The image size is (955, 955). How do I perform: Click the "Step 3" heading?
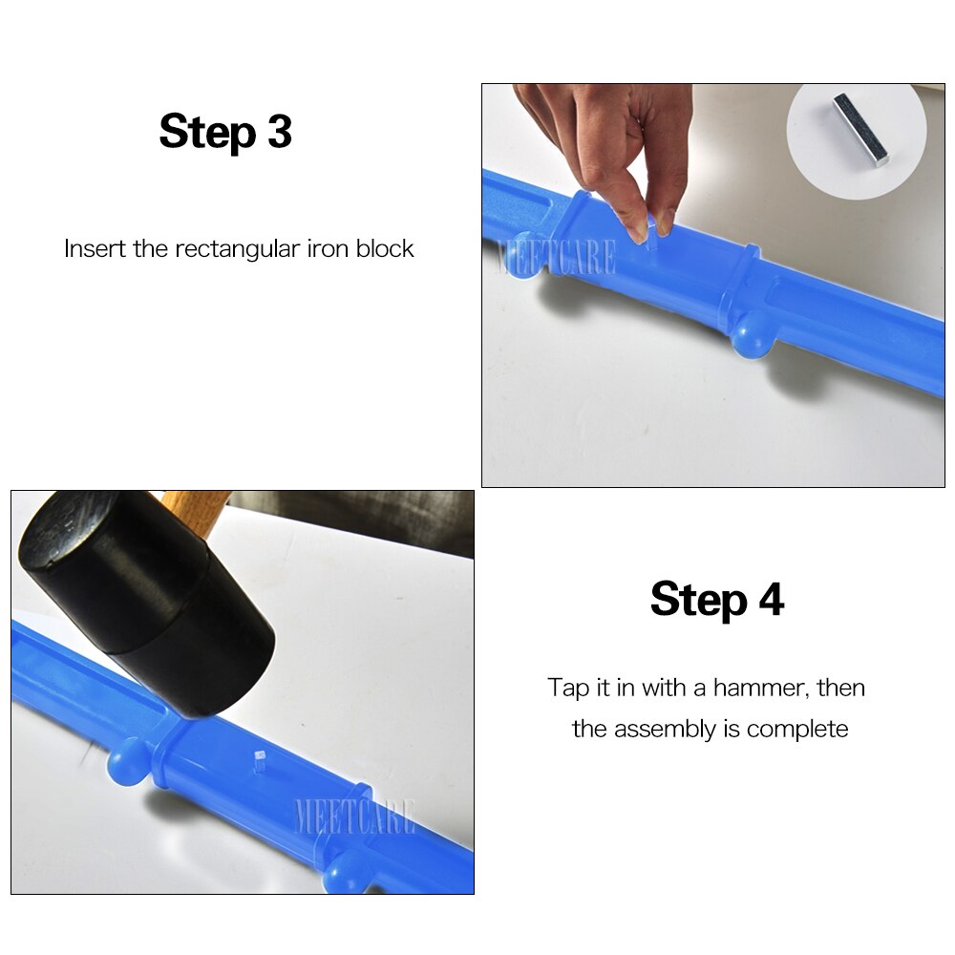coord(225,132)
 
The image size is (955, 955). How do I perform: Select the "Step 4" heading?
coord(717,600)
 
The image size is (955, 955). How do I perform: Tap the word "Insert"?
coord(95,249)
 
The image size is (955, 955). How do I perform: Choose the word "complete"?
coord(797,731)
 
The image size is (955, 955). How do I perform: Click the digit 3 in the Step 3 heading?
coord(279,132)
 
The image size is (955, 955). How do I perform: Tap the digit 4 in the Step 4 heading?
coord(771,600)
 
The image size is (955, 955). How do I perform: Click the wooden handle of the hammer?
coord(196,502)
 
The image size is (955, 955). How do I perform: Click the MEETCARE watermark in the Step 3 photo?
coord(556,258)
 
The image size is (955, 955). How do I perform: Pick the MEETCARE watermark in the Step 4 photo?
coord(355,817)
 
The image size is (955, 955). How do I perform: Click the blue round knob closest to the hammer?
coord(127,764)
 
